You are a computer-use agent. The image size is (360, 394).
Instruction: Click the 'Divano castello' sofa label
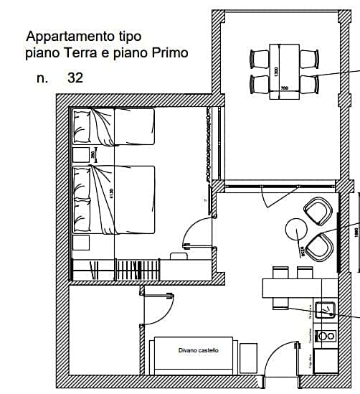[x=199, y=350]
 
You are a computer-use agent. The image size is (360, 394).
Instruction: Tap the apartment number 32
[x=75, y=78]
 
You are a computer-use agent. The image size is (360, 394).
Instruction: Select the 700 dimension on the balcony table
[x=284, y=88]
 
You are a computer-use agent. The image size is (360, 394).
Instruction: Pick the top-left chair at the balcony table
[x=259, y=58]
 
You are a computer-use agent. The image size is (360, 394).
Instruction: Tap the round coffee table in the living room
[x=295, y=229]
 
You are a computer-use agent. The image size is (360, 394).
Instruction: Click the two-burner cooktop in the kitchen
[x=326, y=335]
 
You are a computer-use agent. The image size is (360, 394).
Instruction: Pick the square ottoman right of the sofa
[x=248, y=357]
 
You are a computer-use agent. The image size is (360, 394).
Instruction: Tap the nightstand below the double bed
[x=80, y=242]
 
